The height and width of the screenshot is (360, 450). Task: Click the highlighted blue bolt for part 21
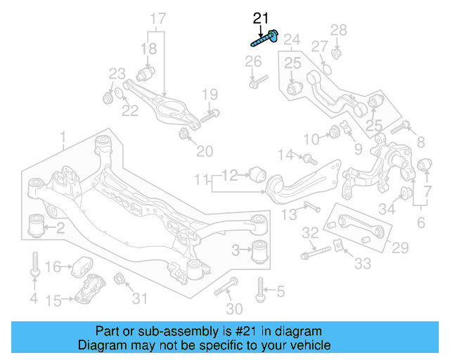(265, 39)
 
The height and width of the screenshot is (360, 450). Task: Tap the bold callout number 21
(261, 18)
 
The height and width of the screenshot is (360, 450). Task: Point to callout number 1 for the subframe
(63, 136)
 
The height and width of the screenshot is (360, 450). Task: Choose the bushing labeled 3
(261, 249)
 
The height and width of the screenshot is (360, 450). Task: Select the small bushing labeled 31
(120, 279)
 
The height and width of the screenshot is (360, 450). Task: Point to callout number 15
(53, 301)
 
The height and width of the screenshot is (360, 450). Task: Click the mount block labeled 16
(81, 267)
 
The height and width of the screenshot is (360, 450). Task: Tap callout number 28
(339, 30)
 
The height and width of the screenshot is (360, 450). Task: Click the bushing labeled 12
(257, 172)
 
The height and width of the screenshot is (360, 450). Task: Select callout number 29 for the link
(400, 247)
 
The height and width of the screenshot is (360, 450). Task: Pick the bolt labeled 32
(317, 252)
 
